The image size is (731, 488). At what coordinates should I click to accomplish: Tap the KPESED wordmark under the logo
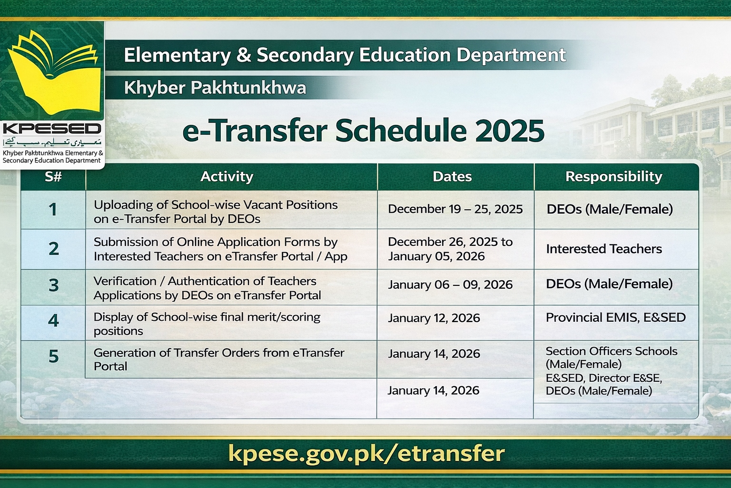(52, 129)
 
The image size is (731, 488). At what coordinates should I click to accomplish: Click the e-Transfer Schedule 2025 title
(363, 131)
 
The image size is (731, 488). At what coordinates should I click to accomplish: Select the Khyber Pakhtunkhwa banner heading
(215, 88)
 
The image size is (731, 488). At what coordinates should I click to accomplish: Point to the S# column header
(53, 177)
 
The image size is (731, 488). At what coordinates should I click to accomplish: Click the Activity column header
(227, 177)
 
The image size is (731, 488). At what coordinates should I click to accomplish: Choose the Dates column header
(452, 177)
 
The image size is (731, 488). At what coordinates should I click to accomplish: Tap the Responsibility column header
(613, 177)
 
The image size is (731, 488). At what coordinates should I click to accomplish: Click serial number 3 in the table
(53, 285)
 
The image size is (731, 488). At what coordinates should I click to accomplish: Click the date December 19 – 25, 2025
(455, 209)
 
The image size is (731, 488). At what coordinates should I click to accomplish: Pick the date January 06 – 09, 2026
(450, 285)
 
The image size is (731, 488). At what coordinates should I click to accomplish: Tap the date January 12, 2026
(434, 318)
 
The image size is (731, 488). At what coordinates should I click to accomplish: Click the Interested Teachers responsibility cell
(603, 249)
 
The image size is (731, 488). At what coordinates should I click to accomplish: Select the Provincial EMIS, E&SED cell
(615, 318)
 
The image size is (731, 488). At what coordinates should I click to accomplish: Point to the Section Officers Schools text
(611, 352)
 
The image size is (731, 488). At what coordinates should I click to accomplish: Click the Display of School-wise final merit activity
(207, 324)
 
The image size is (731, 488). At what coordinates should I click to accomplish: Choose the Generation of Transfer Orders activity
(218, 359)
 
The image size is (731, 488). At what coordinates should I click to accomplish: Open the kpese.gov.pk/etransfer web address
(366, 453)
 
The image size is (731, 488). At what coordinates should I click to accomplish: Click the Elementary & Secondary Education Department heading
(345, 55)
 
